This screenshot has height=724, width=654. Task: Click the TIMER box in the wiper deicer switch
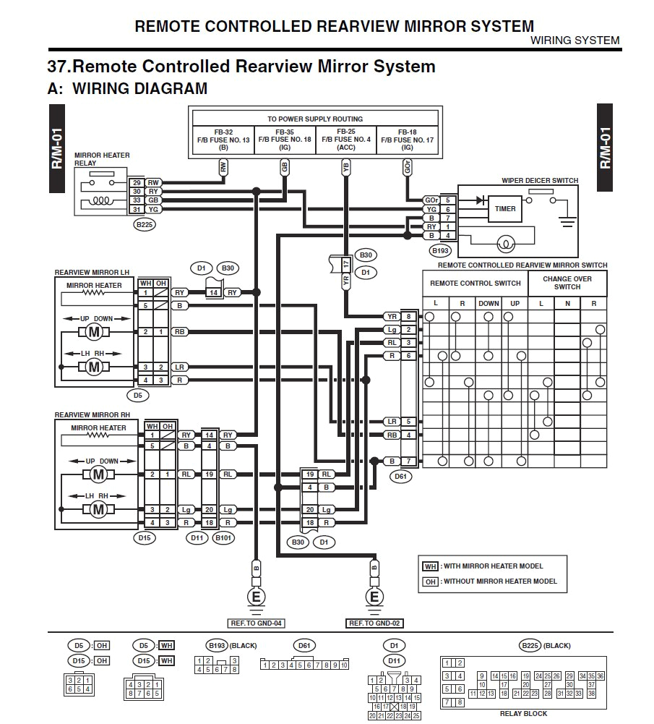tap(505, 209)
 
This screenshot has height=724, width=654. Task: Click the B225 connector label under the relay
tap(145, 224)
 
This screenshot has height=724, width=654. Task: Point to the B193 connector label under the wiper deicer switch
tap(440, 251)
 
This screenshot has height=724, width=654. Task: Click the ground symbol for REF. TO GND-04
tap(255, 597)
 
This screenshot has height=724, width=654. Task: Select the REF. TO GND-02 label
tap(374, 623)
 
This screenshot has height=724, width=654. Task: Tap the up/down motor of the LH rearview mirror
tap(92, 332)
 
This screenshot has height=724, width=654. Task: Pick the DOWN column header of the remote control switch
tap(489, 304)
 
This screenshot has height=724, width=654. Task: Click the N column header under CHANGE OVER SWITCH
tap(567, 304)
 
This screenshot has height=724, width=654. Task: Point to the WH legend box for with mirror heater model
tap(431, 566)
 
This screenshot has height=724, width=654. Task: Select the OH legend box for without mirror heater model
tap(431, 581)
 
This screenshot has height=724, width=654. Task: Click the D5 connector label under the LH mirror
tap(138, 396)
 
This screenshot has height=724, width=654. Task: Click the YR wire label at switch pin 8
tap(391, 316)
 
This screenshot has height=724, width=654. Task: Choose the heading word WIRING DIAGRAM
tap(140, 89)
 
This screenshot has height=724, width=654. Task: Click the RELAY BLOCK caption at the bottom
tap(523, 714)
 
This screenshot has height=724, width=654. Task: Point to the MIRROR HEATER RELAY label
tap(101, 159)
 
